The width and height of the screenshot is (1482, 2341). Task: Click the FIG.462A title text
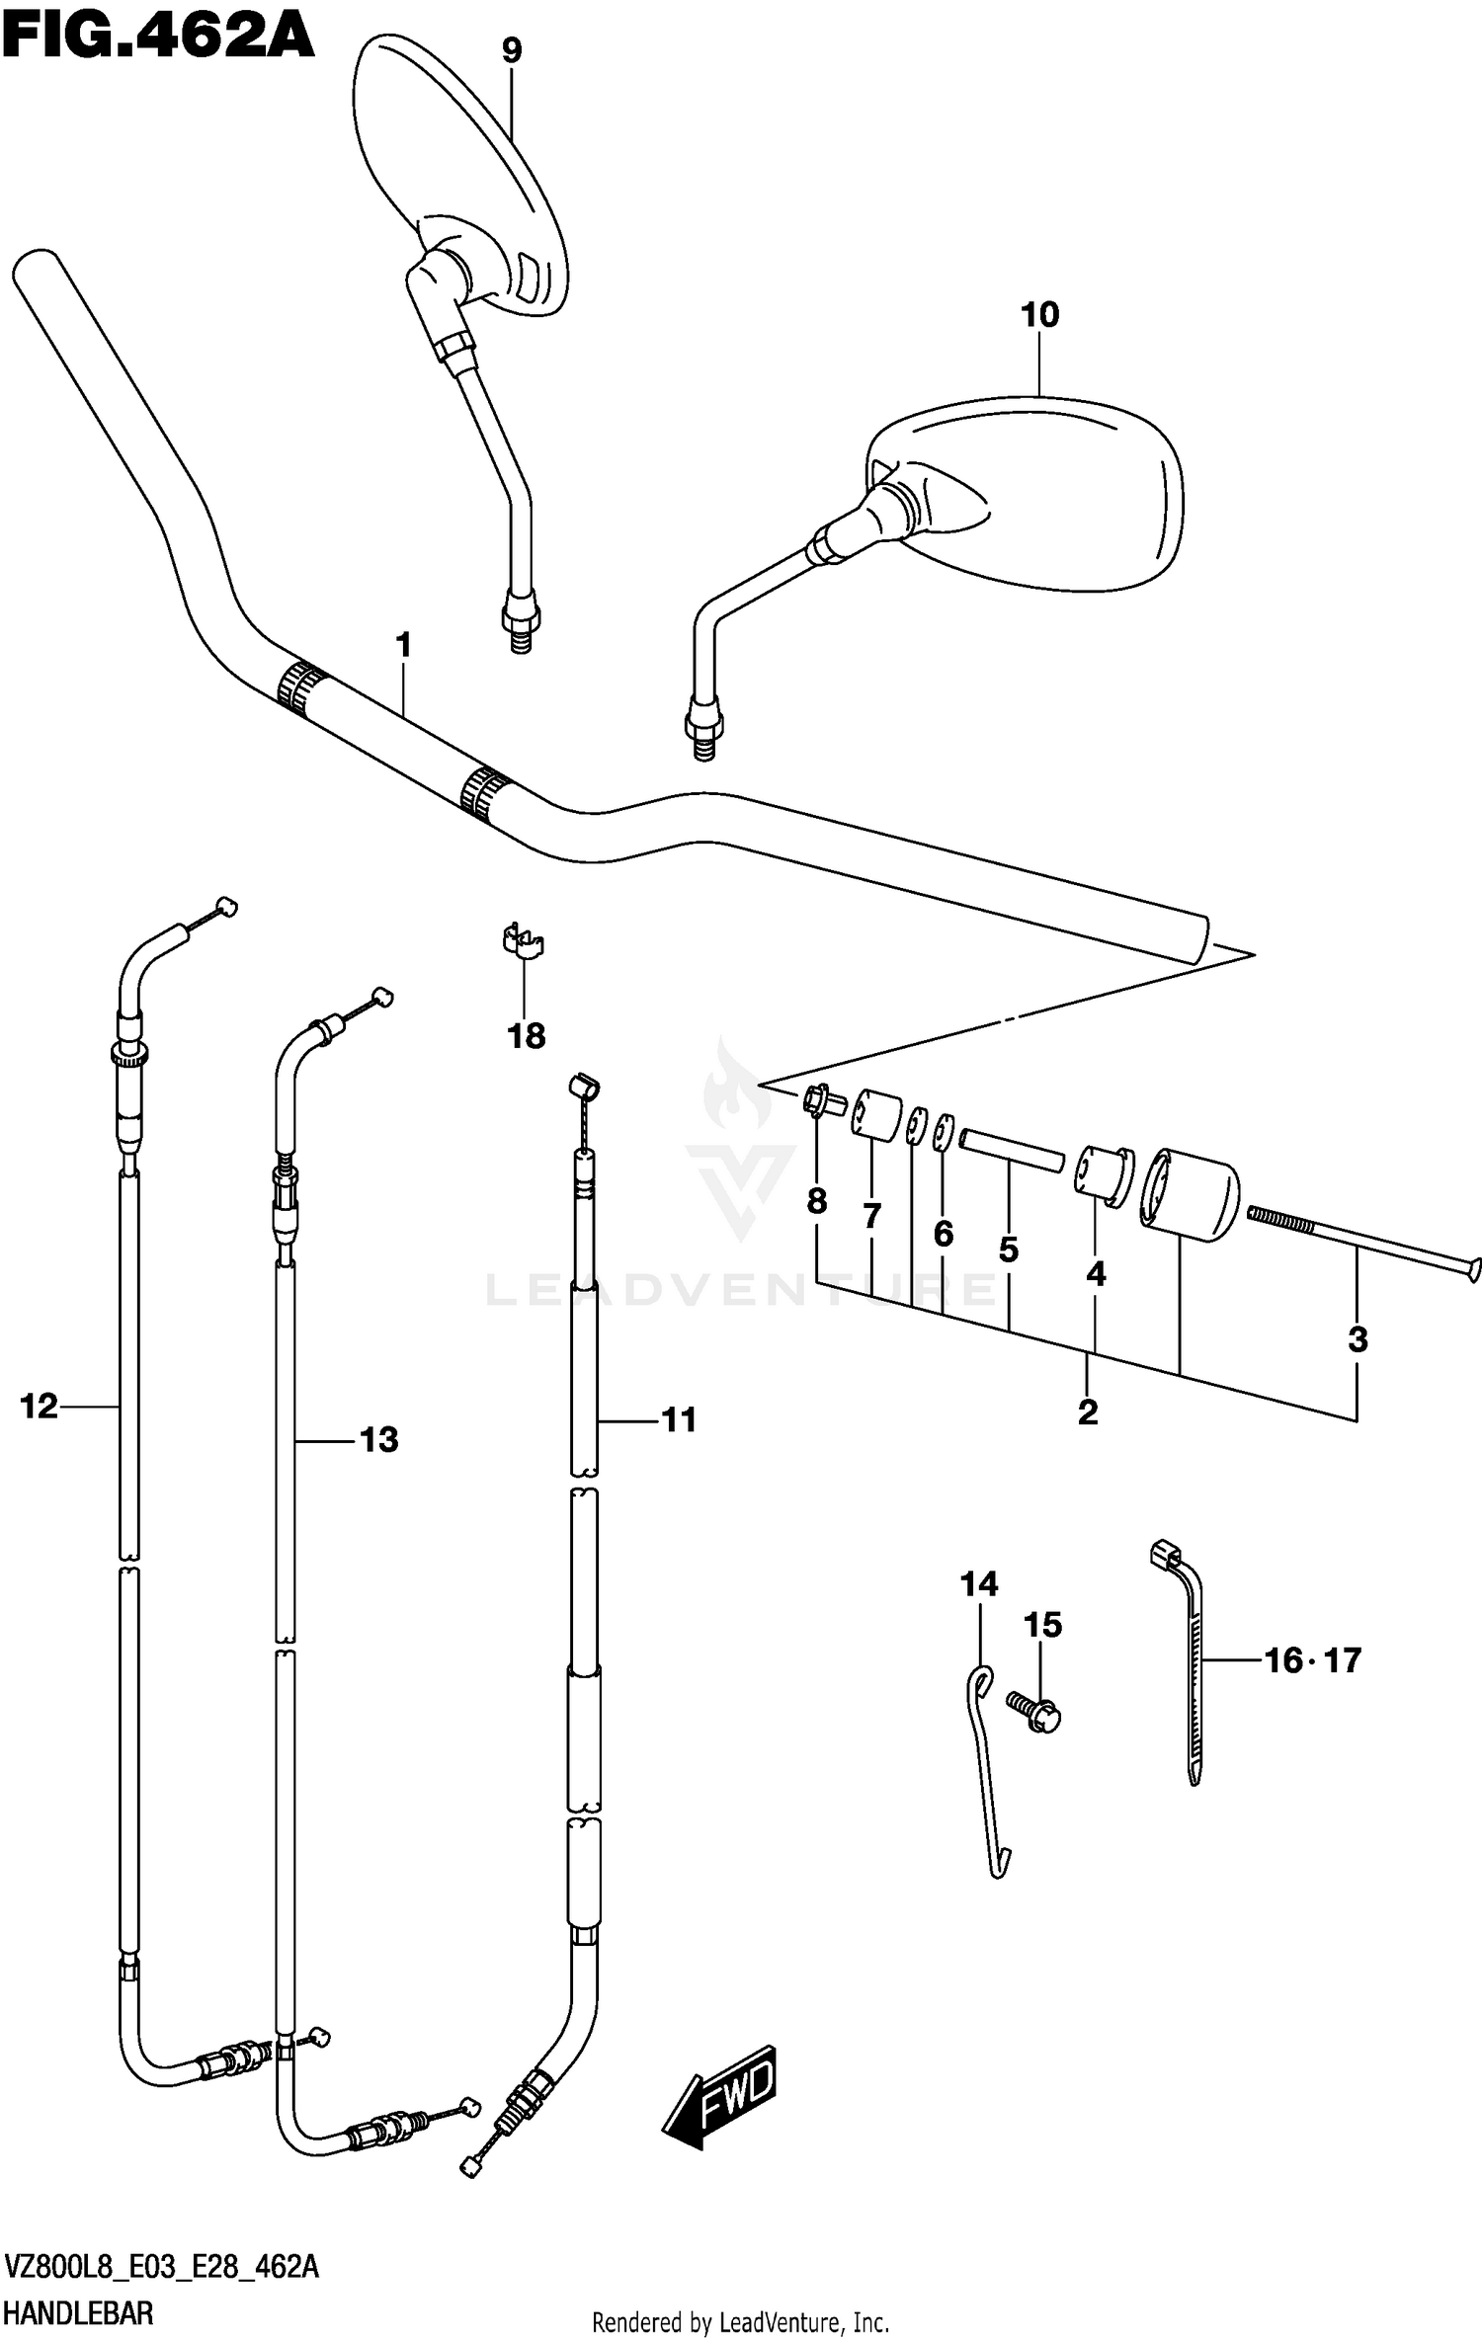pyautogui.click(x=158, y=38)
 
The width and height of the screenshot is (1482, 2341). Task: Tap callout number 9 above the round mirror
pyautogui.click(x=511, y=50)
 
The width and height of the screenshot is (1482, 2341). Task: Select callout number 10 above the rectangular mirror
pyautogui.click(x=1039, y=315)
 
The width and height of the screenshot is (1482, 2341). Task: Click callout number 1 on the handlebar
pyautogui.click(x=403, y=646)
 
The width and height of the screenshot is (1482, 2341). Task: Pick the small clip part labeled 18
pyautogui.click(x=522, y=941)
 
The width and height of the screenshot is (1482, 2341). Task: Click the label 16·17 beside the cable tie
pyautogui.click(x=1312, y=1660)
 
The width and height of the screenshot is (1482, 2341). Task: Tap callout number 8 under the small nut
pyautogui.click(x=816, y=1201)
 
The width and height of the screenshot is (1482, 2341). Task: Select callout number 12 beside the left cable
pyautogui.click(x=40, y=1406)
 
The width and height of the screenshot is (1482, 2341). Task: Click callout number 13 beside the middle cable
pyautogui.click(x=378, y=1439)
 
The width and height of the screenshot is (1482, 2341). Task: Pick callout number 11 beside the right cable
pyautogui.click(x=679, y=1419)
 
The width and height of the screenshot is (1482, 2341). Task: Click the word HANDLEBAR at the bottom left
pyautogui.click(x=79, y=2313)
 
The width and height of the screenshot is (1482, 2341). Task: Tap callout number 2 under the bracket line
pyautogui.click(x=1087, y=1412)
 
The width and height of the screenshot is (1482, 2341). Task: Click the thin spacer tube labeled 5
pyautogui.click(x=1011, y=1151)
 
